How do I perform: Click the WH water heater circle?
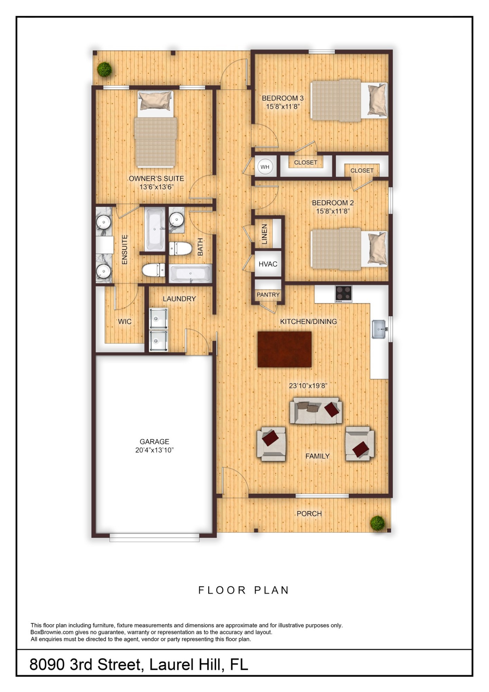click(265, 167)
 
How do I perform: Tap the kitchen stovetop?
click(343, 294)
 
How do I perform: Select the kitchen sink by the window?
click(379, 329)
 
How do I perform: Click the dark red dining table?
click(284, 349)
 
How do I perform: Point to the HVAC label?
click(268, 264)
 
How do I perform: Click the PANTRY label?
click(268, 295)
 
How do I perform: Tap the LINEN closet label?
click(265, 234)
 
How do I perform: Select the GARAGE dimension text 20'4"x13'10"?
click(154, 450)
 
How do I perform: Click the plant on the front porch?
click(377, 523)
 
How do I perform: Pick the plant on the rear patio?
click(104, 70)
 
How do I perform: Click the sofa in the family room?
click(316, 410)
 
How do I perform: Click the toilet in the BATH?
click(181, 248)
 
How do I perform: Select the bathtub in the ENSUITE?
click(155, 229)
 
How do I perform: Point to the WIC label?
click(124, 321)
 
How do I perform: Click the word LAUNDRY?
click(179, 299)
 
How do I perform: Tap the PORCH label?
click(309, 514)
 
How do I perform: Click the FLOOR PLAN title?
click(244, 590)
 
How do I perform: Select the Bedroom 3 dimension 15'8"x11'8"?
click(282, 107)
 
